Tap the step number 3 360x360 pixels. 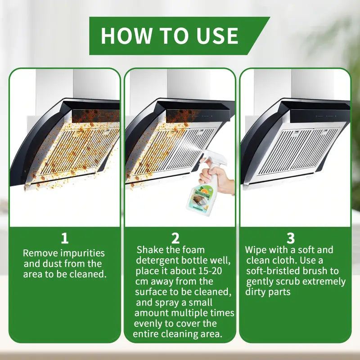tap(291, 238)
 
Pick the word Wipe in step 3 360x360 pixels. tap(256, 250)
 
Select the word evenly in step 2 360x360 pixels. tap(148, 324)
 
